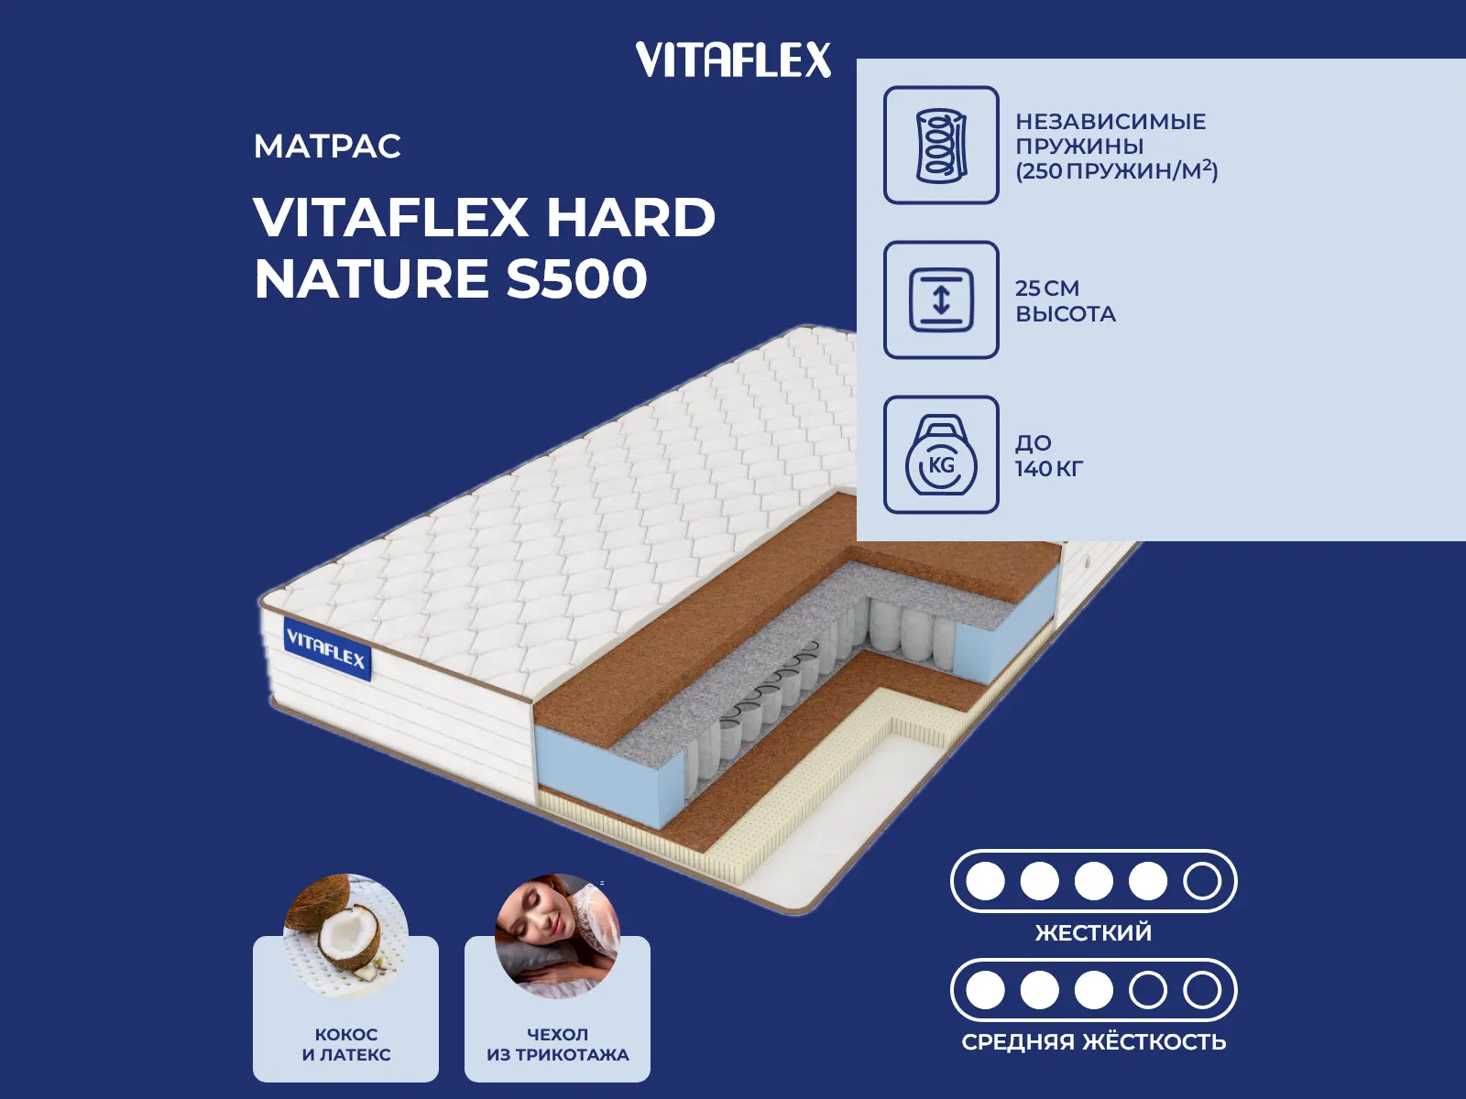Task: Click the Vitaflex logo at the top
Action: point(733,60)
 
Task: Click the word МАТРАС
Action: point(327,147)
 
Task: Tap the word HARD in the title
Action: point(630,218)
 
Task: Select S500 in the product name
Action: point(576,278)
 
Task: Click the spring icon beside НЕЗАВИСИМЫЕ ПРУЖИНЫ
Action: point(941,145)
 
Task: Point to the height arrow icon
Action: point(941,299)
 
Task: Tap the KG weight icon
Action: point(941,455)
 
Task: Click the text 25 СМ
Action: point(1047,288)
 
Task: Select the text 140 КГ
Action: point(1048,469)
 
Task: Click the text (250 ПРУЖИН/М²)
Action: point(1116,170)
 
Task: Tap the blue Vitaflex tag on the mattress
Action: point(326,648)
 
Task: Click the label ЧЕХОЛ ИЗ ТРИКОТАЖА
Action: point(557,1044)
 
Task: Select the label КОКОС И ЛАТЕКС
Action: point(345,1044)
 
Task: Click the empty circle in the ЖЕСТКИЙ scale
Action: point(1201,881)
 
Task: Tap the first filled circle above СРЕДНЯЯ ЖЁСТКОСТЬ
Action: point(985,990)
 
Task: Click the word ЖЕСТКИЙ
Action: point(1093,933)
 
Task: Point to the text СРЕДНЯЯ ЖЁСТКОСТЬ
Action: point(1093,1042)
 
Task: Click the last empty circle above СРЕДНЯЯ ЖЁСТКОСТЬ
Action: point(1201,990)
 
